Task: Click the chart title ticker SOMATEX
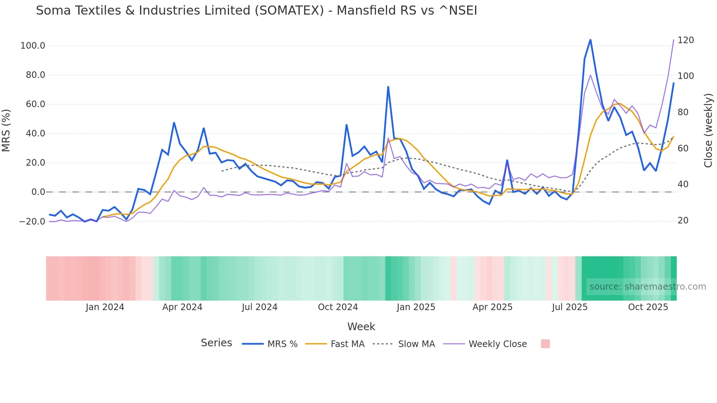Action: [289, 11]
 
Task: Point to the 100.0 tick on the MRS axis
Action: [33, 46]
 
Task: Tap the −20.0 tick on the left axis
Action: [32, 221]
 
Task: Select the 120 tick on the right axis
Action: [686, 40]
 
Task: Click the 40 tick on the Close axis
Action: [683, 184]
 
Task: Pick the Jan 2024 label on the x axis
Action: [105, 307]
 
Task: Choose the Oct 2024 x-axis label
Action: [338, 307]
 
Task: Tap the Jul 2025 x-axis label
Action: [570, 307]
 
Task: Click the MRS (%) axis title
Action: [6, 131]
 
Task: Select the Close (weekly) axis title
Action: [709, 131]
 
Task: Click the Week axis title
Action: [361, 327]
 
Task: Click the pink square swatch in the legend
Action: [545, 344]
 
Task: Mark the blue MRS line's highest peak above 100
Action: [590, 40]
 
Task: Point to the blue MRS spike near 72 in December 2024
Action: [388, 87]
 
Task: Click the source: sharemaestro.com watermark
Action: [647, 287]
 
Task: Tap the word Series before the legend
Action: [216, 343]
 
